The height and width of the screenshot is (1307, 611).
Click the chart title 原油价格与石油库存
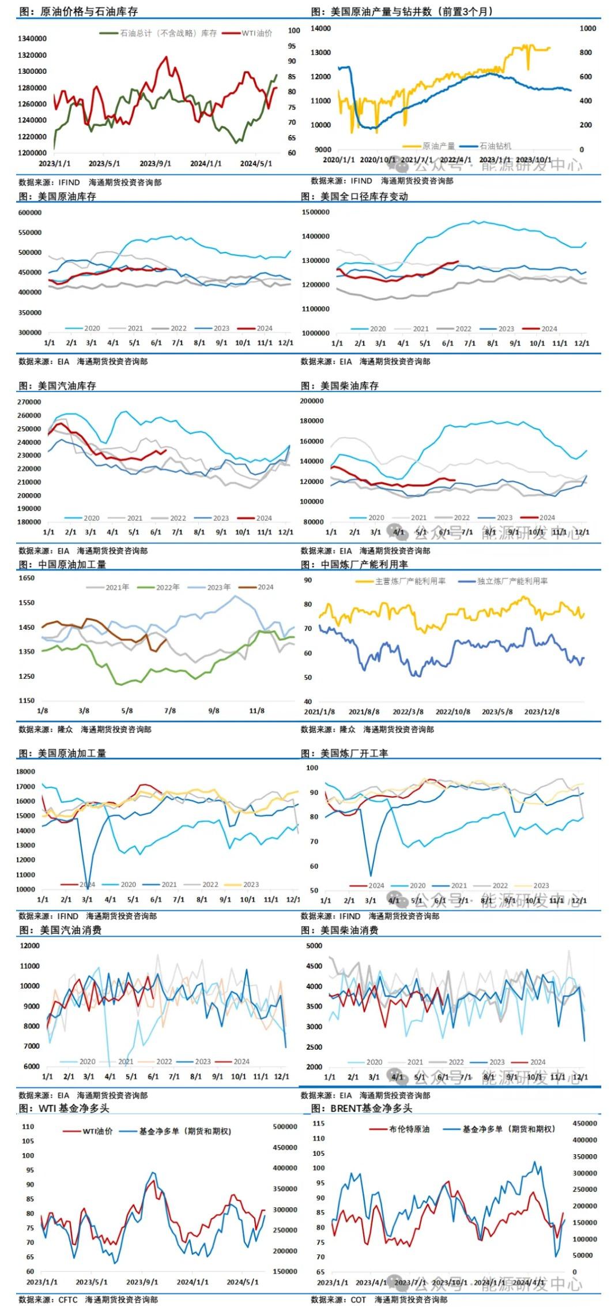[x=89, y=12]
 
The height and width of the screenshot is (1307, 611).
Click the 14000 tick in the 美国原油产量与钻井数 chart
[x=320, y=28]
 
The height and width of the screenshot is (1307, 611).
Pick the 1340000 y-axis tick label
[x=32, y=39]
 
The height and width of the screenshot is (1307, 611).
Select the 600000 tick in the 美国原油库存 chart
[x=30, y=213]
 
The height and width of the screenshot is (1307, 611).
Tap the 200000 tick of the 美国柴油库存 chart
[x=312, y=401]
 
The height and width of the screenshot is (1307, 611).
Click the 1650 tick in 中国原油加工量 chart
[x=27, y=578]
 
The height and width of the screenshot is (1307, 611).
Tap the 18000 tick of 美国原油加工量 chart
[x=26, y=772]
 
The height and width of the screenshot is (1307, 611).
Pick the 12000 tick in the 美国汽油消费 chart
[x=30, y=946]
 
